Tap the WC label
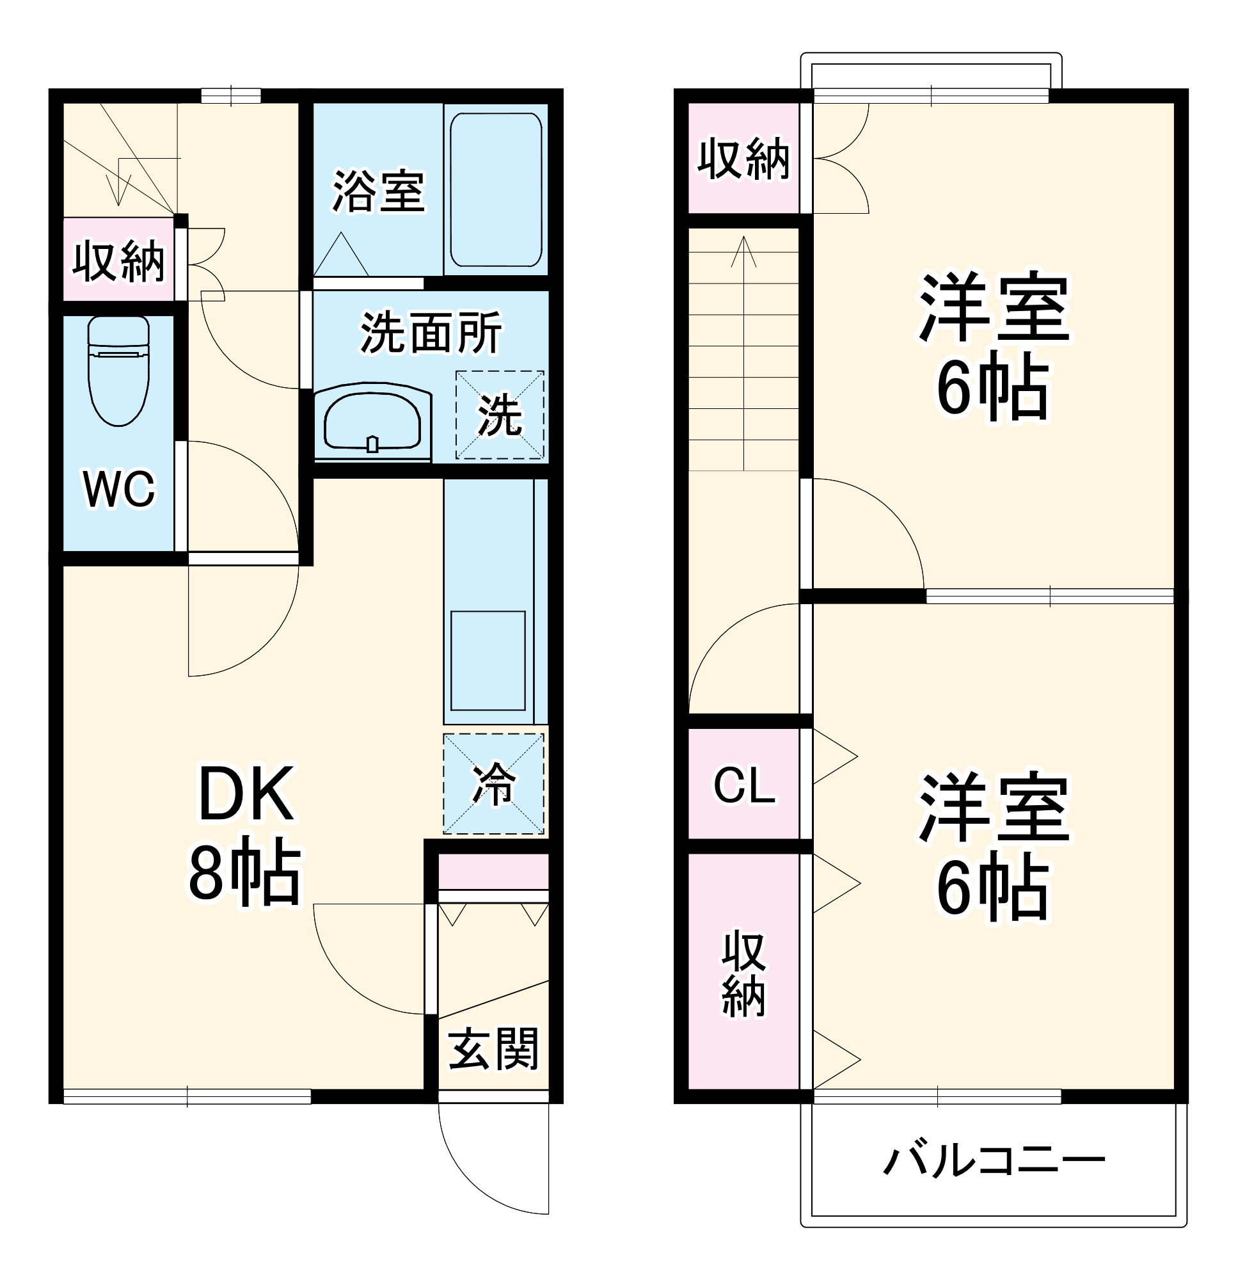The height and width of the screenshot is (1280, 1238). [119, 489]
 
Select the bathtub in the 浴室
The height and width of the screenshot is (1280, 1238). [496, 189]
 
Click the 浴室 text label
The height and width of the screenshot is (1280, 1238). [379, 191]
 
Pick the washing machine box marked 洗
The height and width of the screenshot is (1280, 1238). [500, 415]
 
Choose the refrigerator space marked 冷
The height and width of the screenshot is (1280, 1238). [494, 783]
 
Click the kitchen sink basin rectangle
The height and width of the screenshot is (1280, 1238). [488, 661]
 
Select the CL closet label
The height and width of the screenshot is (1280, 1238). [744, 786]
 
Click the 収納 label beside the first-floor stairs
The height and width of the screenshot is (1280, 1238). [119, 262]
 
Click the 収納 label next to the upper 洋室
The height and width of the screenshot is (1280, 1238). [743, 159]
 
